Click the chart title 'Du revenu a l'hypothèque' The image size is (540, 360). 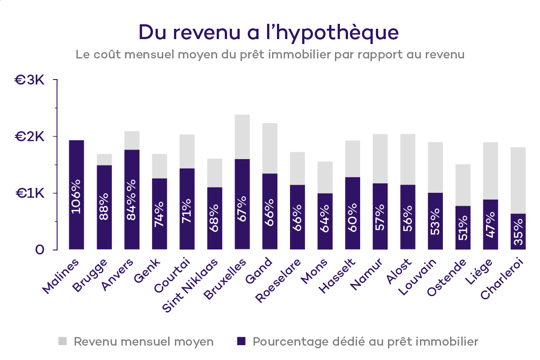[268, 32]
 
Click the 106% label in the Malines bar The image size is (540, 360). [76, 196]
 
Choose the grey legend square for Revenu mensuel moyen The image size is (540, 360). [62, 342]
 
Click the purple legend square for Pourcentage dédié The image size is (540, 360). [241, 342]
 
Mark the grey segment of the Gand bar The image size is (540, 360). [270, 148]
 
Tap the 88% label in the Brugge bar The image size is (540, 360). [104, 206]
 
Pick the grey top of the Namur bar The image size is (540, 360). [380, 158]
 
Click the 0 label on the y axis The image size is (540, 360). [40, 250]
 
